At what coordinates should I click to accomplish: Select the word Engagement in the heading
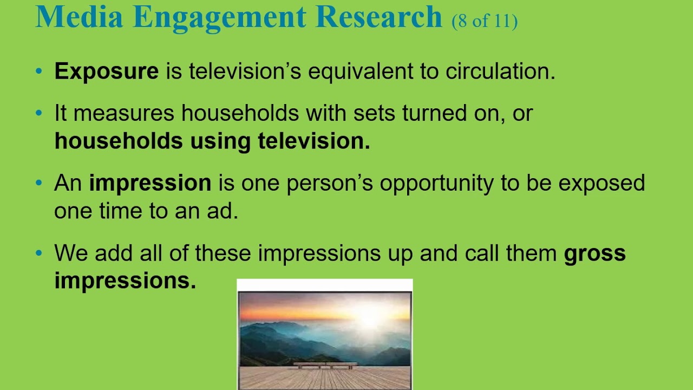(x=219, y=17)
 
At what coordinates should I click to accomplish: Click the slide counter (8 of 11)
(x=485, y=21)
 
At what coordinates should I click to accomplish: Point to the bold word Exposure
(x=106, y=71)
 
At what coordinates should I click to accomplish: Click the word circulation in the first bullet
(x=500, y=71)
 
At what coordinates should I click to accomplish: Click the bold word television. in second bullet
(x=313, y=141)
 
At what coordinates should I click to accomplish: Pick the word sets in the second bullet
(x=374, y=114)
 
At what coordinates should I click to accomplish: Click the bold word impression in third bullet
(x=150, y=183)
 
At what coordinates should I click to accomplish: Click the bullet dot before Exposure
(x=38, y=71)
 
